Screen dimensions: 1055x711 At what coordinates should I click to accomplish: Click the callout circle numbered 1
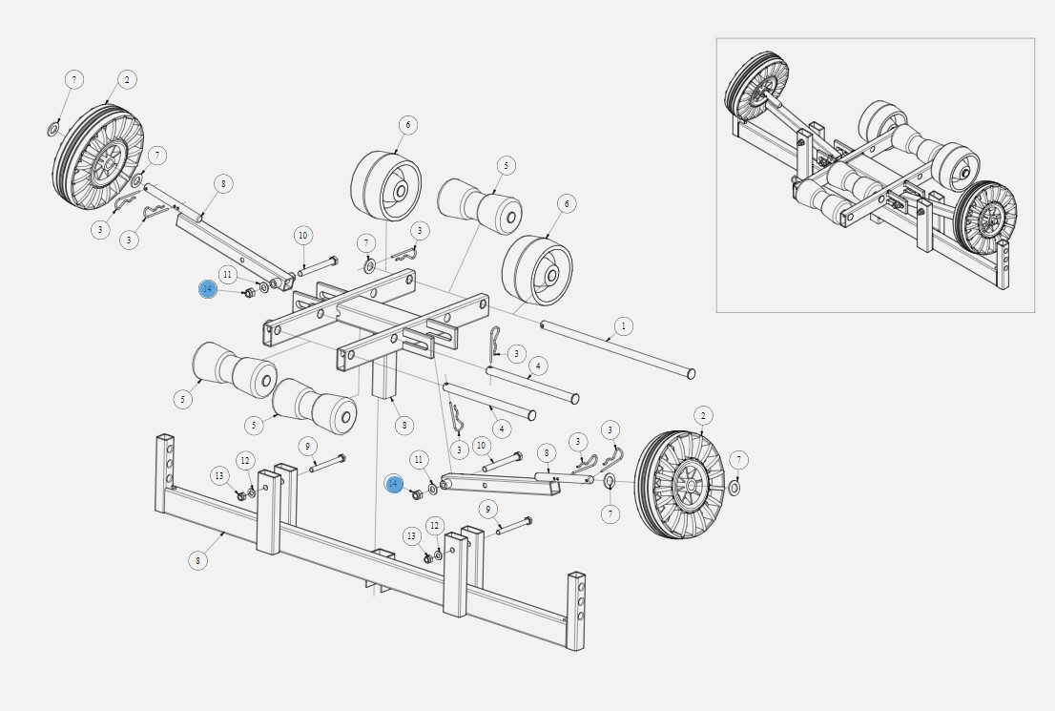click(x=624, y=326)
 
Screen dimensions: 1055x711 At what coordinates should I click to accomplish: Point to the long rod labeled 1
click(x=618, y=349)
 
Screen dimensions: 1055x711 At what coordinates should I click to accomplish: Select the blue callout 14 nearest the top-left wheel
click(x=208, y=289)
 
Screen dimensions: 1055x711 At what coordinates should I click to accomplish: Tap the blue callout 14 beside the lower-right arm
click(x=394, y=484)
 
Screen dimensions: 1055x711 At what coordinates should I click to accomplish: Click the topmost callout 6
click(x=407, y=125)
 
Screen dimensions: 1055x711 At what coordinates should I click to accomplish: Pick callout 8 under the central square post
click(x=403, y=425)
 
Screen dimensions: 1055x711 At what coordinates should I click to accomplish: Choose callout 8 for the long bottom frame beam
click(x=197, y=560)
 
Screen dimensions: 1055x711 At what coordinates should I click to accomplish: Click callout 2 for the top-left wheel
click(x=127, y=79)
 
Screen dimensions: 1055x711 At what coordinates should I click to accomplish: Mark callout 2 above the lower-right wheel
click(x=703, y=415)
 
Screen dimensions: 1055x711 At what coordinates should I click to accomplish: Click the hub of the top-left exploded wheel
click(x=106, y=162)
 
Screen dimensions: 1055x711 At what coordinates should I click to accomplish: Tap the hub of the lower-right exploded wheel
click(x=689, y=485)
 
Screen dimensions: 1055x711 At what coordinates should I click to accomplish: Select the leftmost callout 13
click(x=219, y=476)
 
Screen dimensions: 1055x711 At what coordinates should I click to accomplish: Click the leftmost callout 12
click(x=245, y=461)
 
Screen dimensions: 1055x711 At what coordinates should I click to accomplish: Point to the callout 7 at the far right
click(x=738, y=460)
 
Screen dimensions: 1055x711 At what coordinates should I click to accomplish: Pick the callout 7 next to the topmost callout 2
click(x=74, y=79)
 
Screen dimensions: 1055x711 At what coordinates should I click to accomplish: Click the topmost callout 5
click(x=506, y=166)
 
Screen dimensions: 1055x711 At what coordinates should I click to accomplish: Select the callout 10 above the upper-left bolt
click(x=302, y=236)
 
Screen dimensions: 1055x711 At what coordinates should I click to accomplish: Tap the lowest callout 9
click(x=488, y=509)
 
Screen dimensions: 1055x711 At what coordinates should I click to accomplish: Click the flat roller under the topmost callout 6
click(x=386, y=186)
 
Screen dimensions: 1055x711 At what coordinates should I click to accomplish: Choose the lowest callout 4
click(x=501, y=429)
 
